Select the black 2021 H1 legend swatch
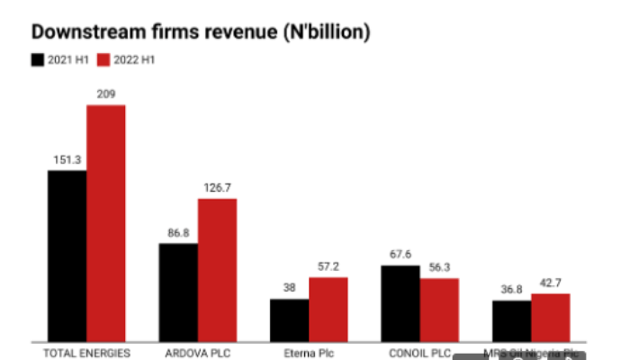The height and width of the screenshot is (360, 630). point(38,60)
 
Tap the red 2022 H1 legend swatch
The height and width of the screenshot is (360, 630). point(103,60)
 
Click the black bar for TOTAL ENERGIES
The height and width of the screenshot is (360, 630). point(67,256)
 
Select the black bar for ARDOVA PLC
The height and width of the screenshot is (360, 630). point(178,292)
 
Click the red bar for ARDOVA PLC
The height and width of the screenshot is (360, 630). point(217,269)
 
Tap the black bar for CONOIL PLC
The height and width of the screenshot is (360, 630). point(400,303)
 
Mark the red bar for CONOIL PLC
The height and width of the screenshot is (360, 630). point(439,310)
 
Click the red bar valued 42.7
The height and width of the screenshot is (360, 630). point(550,317)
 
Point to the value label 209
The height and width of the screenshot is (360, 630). point(106,94)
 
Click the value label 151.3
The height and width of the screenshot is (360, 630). point(67,159)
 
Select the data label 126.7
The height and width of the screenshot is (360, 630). point(217,187)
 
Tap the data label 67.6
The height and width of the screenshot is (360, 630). point(400,255)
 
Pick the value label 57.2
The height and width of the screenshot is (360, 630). point(328,267)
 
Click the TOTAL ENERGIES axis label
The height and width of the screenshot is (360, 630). point(86,353)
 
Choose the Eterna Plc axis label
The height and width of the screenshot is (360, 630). point(309,353)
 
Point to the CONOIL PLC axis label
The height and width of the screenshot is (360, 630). point(419,353)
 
